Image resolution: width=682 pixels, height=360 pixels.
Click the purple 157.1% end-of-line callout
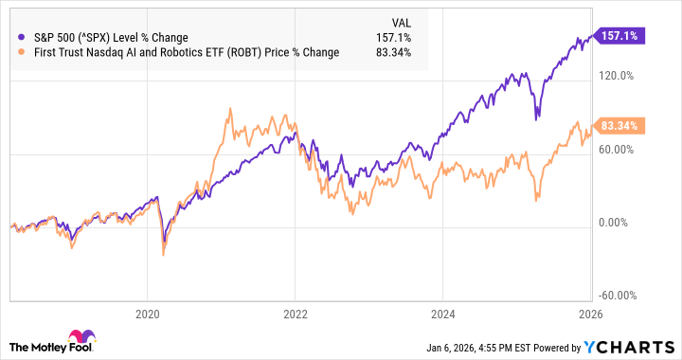coord(617,34)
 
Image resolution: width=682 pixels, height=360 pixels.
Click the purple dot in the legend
coord(21,37)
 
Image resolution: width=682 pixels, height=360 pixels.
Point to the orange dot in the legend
coord(21,52)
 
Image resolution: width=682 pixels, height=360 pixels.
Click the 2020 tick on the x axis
coord(148,312)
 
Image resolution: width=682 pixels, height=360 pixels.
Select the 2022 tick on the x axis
coord(296,312)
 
